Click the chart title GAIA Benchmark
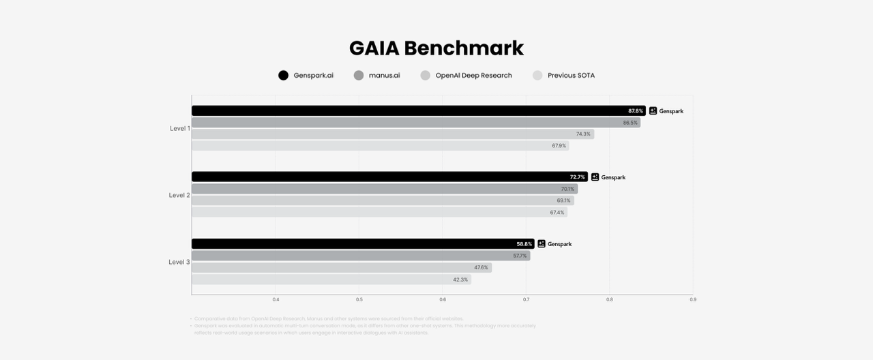[x=436, y=48]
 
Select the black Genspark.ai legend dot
[x=284, y=76]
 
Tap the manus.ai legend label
[x=384, y=76]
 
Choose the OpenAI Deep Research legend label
[x=473, y=76]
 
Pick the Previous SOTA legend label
[x=571, y=76]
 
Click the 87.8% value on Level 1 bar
[x=635, y=111]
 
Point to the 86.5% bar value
[x=630, y=123]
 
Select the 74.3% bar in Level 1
[x=392, y=134]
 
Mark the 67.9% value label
[x=559, y=146]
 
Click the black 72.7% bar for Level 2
[x=389, y=177]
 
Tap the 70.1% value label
[x=567, y=189]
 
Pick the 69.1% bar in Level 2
[x=382, y=200]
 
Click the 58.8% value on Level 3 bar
[x=524, y=244]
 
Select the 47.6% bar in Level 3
[x=341, y=267]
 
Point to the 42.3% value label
[x=460, y=280]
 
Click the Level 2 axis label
[x=179, y=195]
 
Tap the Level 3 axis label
[x=179, y=262]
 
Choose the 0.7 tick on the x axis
[x=526, y=299]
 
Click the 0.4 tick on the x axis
[x=276, y=299]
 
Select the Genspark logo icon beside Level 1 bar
[x=653, y=111]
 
